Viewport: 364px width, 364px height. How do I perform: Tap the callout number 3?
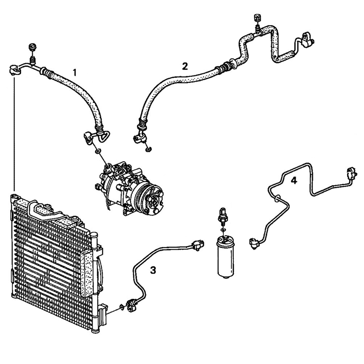153,269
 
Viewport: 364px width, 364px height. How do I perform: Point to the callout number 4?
294,180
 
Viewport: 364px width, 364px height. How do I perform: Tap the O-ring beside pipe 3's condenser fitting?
121,307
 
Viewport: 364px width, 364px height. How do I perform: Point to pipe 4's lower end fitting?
254,243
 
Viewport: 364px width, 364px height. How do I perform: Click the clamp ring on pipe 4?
277,199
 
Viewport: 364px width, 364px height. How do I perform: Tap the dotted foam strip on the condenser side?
88,276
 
